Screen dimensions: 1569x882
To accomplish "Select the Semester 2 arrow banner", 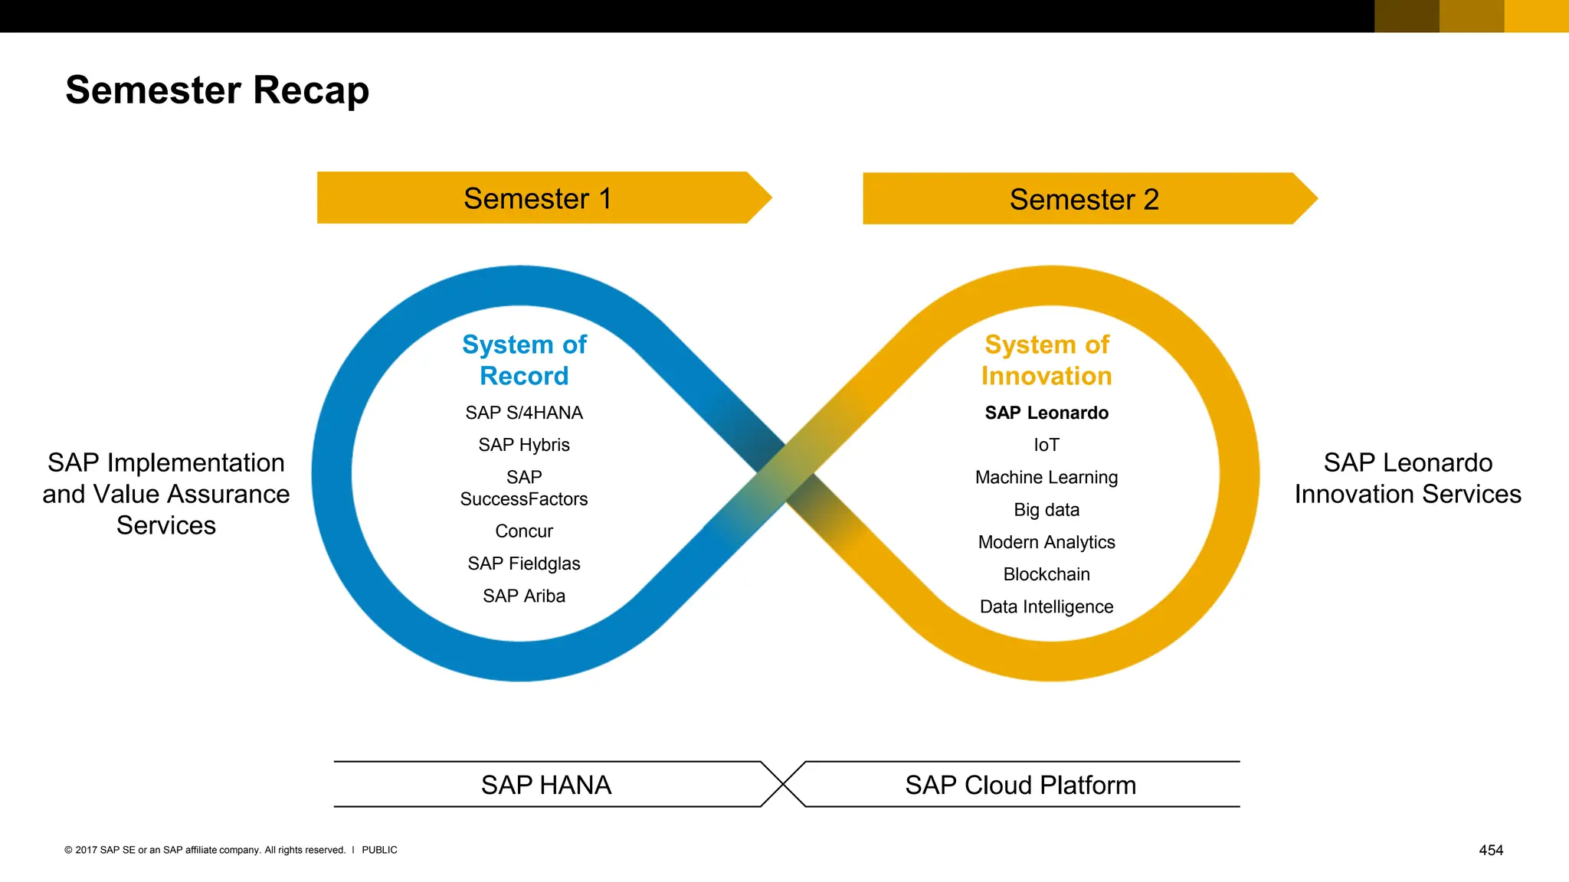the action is pyautogui.click(x=1083, y=199).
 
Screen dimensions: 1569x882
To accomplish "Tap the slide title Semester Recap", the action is pyautogui.click(x=218, y=90).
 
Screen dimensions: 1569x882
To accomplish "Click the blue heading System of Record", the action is pyautogui.click(x=524, y=360).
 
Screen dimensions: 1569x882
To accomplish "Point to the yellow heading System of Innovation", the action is pyautogui.click(x=1047, y=360).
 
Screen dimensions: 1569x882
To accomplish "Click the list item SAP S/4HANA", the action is pyautogui.click(x=524, y=413).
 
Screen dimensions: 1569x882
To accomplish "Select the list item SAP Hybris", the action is pyautogui.click(x=524, y=445).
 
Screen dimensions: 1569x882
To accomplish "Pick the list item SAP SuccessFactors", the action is pyautogui.click(x=524, y=488).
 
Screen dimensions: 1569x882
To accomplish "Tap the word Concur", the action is pyautogui.click(x=524, y=531).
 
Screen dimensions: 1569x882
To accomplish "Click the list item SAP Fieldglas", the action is pyautogui.click(x=524, y=563).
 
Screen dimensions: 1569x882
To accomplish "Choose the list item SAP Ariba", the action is pyautogui.click(x=524, y=596).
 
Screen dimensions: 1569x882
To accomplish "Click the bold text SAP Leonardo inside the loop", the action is pyautogui.click(x=1047, y=413).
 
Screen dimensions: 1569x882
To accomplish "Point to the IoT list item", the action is pyautogui.click(x=1047, y=445).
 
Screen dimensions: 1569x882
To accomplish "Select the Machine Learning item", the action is pyautogui.click(x=1047, y=477).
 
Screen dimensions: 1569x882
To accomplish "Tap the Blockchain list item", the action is pyautogui.click(x=1047, y=574).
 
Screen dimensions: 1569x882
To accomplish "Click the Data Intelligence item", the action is pyautogui.click(x=1047, y=606).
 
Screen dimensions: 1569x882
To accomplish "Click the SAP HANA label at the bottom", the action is pyautogui.click(x=546, y=785).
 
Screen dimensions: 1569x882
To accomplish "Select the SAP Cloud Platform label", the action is pyautogui.click(x=1020, y=785).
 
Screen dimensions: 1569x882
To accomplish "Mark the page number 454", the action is pyautogui.click(x=1491, y=850).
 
